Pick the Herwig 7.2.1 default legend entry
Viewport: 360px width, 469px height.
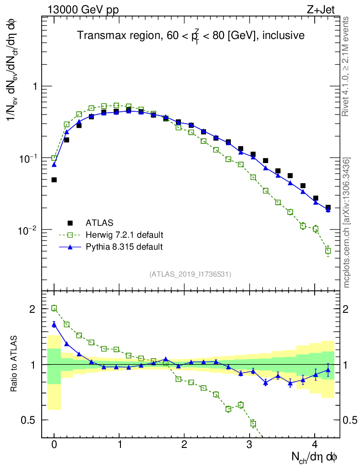[x=124, y=235]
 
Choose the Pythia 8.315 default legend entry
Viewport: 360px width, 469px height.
[x=124, y=247]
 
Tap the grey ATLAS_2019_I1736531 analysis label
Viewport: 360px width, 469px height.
[x=190, y=274]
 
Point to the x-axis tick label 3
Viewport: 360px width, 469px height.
[x=249, y=445]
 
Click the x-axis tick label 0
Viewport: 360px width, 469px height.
[x=54, y=445]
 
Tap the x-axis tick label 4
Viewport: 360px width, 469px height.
[x=315, y=445]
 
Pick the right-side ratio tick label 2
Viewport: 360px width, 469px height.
[x=349, y=309]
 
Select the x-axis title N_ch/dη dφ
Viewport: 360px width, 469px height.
[x=315, y=457]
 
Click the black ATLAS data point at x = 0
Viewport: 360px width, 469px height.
[x=54, y=180]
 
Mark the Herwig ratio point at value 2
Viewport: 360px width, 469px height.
[x=54, y=308]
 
